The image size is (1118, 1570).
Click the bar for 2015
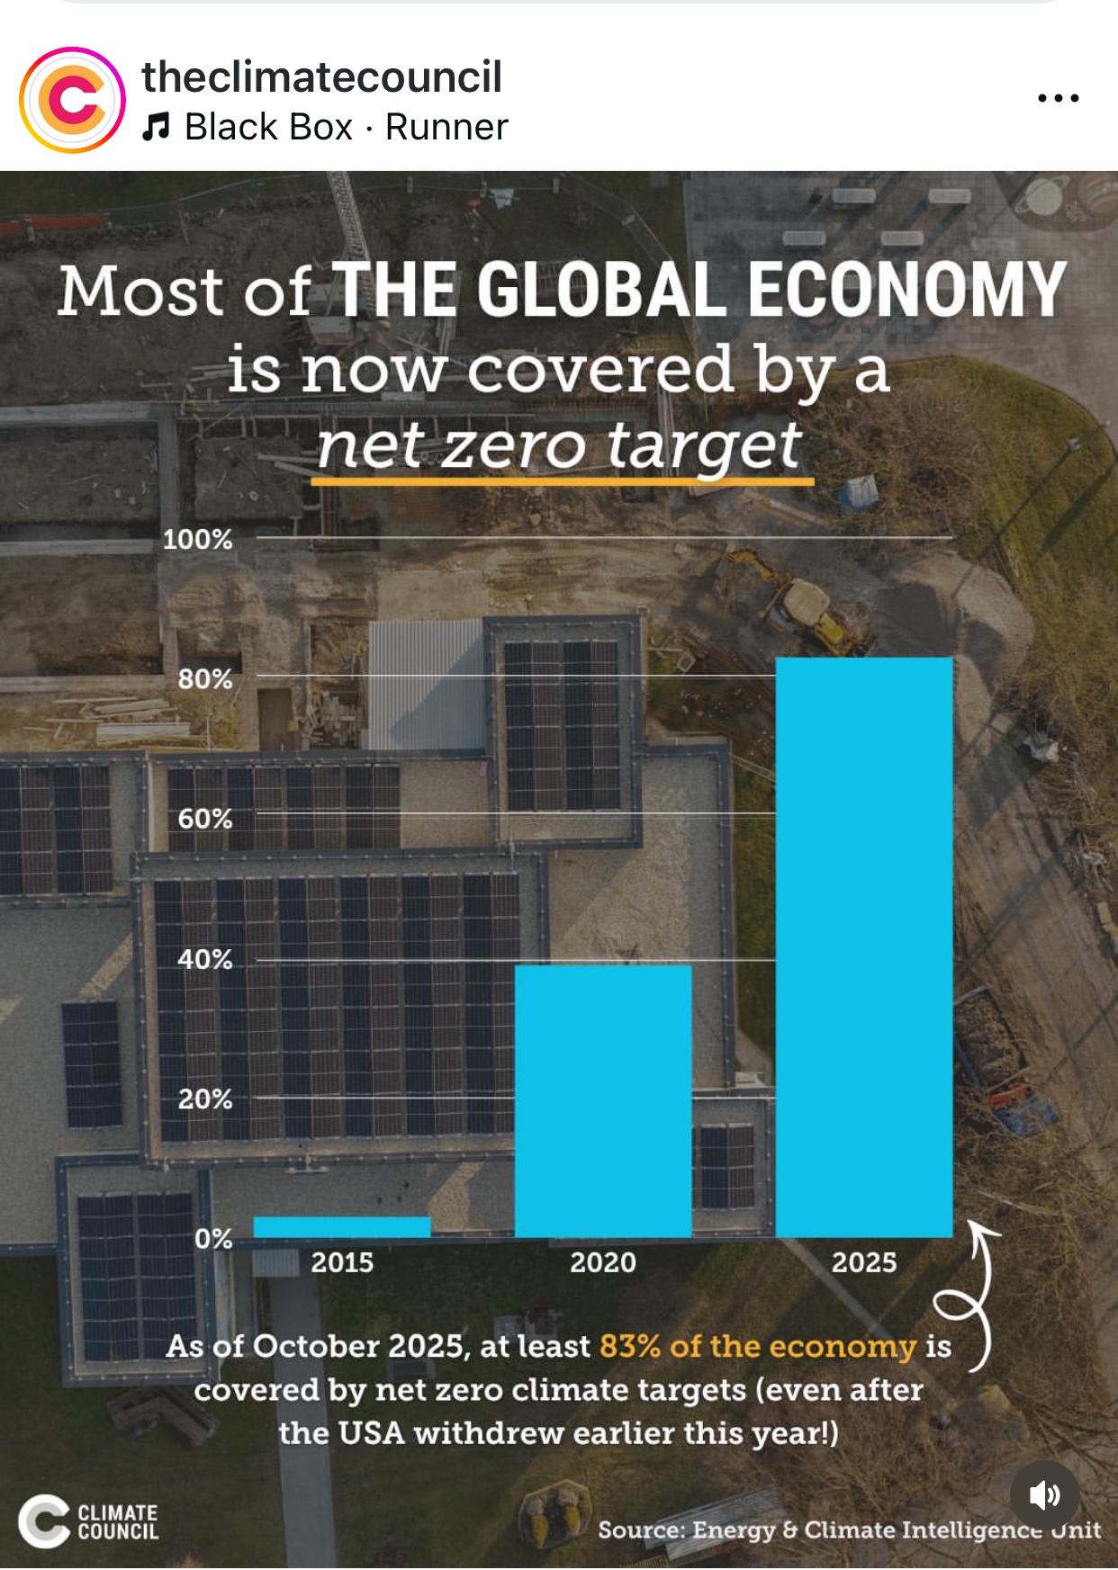tap(342, 1226)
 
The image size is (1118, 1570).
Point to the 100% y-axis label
tap(197, 539)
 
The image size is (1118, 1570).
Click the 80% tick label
tap(204, 678)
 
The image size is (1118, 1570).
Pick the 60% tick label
tap(204, 819)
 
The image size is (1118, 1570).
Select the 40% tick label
tap(204, 959)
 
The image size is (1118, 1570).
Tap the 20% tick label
tap(204, 1099)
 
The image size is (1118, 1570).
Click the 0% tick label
tap(212, 1239)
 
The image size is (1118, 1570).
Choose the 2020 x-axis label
tap(603, 1262)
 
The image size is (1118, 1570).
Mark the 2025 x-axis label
tap(864, 1262)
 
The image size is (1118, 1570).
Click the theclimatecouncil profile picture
tap(72, 100)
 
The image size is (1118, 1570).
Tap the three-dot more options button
tap(1058, 97)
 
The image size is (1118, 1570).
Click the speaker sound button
tap(1044, 1495)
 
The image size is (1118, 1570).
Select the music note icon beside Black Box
tap(156, 127)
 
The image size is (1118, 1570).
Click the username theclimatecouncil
tap(321, 76)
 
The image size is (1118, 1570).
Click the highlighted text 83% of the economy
tap(757, 1346)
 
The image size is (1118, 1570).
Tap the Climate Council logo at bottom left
tap(88, 1521)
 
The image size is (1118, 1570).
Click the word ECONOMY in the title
tap(906, 290)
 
